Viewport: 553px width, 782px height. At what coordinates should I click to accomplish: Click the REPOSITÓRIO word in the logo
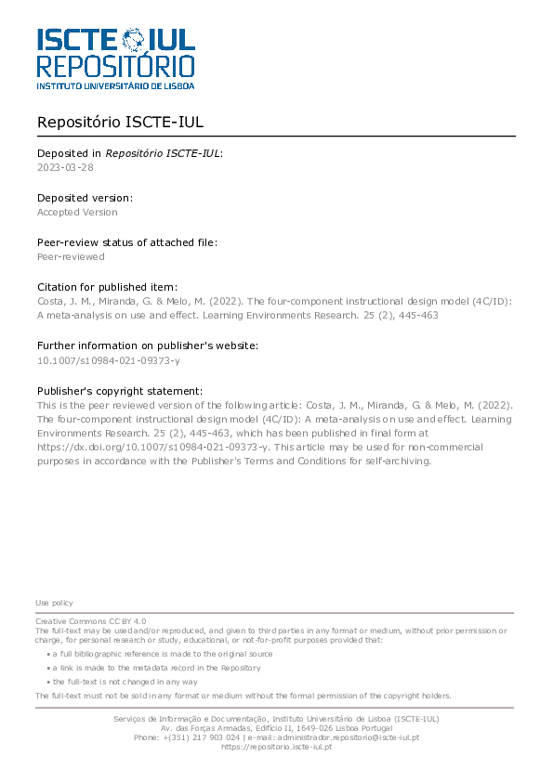[115, 65]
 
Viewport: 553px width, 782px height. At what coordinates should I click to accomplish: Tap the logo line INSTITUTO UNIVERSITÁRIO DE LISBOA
[115, 85]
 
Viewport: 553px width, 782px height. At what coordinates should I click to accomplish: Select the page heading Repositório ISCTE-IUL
[120, 123]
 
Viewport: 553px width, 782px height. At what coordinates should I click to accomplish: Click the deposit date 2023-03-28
[65, 167]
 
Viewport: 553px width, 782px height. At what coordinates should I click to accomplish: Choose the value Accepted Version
[77, 212]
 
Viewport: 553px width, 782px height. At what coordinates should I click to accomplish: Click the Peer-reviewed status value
[71, 256]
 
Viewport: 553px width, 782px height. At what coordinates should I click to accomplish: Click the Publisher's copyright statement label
[119, 391]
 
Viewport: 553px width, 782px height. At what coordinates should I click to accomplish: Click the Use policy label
[54, 603]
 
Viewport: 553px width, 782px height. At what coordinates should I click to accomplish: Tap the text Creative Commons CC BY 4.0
[90, 620]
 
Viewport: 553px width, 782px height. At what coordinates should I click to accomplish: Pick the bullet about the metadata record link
[156, 668]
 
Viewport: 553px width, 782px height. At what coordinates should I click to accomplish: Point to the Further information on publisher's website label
[148, 345]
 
